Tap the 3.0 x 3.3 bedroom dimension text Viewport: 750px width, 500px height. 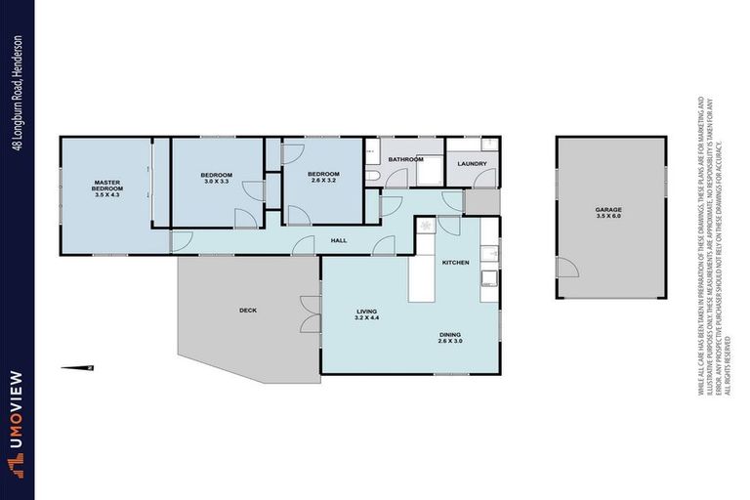pyautogui.click(x=216, y=182)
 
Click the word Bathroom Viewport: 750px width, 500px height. pyautogui.click(x=405, y=158)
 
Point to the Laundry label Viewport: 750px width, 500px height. pyautogui.click(x=472, y=163)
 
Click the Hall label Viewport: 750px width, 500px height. pyautogui.click(x=338, y=240)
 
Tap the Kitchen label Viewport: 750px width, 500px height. pyautogui.click(x=455, y=263)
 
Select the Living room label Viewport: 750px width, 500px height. pyautogui.click(x=365, y=312)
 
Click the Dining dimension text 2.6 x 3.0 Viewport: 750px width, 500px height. pyautogui.click(x=452, y=341)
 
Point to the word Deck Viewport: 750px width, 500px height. pyautogui.click(x=247, y=311)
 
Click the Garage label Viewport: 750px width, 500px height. pyautogui.click(x=608, y=210)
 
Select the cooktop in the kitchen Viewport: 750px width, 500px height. pyautogui.click(x=425, y=226)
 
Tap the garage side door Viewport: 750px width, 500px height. pyautogui.click(x=563, y=268)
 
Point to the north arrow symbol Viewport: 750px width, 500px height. pyautogui.click(x=76, y=367)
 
